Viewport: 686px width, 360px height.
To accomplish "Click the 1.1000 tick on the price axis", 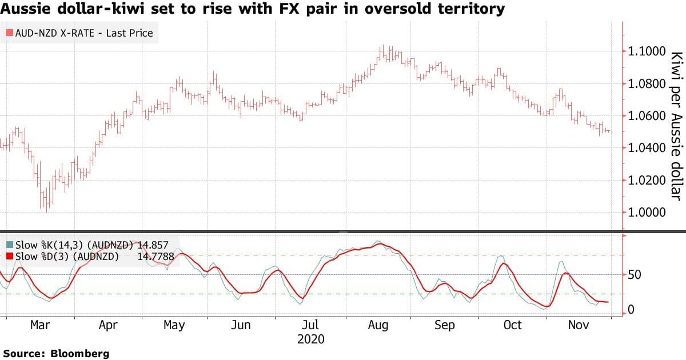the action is (647, 51).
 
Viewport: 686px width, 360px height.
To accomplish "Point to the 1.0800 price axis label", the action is (647, 83).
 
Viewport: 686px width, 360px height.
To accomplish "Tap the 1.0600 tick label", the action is (647, 116).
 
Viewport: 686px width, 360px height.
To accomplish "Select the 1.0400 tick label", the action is (647, 148).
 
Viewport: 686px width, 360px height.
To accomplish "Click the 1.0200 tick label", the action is (647, 180).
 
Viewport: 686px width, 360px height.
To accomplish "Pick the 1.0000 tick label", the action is (647, 212).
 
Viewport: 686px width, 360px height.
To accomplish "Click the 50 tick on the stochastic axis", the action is (634, 275).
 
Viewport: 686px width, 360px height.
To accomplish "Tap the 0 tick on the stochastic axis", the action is (631, 310).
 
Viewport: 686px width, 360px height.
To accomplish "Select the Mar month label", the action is (40, 325).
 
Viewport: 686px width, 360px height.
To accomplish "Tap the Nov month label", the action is (579, 325).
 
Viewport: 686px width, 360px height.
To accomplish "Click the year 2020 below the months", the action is (311, 339).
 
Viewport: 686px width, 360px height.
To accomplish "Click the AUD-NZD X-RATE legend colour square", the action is (10, 33).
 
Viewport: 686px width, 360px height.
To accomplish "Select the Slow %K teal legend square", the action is (10, 245).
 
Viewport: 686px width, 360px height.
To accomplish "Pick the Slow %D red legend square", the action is (10, 256).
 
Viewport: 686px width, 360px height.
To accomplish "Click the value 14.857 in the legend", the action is (153, 245).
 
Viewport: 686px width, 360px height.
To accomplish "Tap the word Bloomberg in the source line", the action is (80, 354).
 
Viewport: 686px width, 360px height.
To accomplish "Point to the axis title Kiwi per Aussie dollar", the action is (676, 126).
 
